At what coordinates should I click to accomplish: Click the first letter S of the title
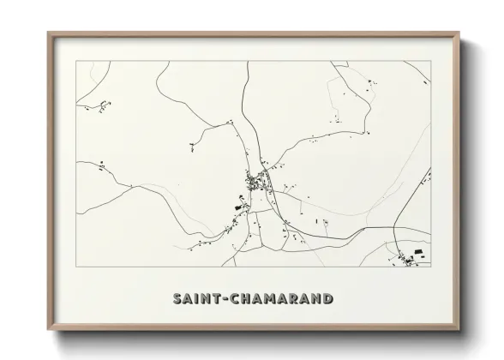click(177, 299)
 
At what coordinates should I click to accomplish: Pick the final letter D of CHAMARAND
click(327, 299)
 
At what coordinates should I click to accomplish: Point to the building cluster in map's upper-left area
click(104, 106)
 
